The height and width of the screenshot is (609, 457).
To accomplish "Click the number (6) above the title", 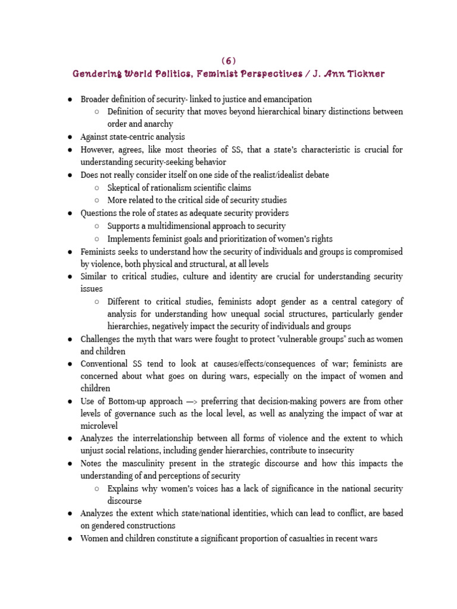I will [x=228, y=61].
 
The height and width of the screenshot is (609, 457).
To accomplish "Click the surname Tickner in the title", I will [x=364, y=74].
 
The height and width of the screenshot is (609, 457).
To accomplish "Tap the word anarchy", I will [x=157, y=124].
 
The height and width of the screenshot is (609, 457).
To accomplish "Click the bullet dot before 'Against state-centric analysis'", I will [x=70, y=137].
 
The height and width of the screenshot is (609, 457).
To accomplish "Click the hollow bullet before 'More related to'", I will [x=97, y=200].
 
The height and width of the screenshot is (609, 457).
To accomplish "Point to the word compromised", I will [x=377, y=252].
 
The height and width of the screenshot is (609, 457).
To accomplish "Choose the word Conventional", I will [x=105, y=363].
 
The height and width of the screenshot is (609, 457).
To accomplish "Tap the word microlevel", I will [x=100, y=426].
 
